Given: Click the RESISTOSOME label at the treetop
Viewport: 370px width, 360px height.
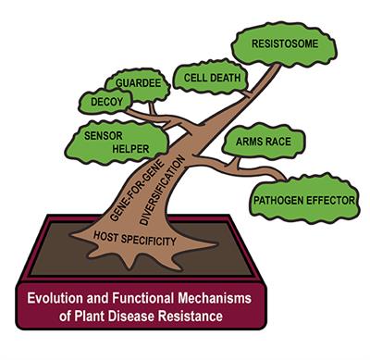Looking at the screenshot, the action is click(x=285, y=43).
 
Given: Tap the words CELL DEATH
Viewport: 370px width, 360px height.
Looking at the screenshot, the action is click(x=212, y=78).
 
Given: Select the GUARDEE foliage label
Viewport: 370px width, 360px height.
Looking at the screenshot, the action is click(x=139, y=82).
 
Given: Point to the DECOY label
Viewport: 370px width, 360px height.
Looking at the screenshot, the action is click(x=106, y=102).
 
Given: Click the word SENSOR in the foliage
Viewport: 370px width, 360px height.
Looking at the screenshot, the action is click(x=104, y=136).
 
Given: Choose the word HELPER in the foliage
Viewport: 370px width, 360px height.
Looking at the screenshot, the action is click(x=130, y=149).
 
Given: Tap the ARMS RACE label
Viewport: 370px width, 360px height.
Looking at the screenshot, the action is click(x=264, y=142).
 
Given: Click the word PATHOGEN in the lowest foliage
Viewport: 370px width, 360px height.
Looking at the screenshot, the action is click(x=278, y=201).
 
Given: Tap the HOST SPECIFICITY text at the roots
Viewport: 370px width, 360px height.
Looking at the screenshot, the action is click(x=135, y=238).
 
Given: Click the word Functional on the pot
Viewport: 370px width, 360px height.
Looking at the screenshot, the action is click(x=143, y=298).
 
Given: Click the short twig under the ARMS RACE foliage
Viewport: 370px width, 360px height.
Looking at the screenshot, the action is click(x=236, y=163).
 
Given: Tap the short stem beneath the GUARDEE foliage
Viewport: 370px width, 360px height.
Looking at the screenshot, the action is click(x=153, y=108).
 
